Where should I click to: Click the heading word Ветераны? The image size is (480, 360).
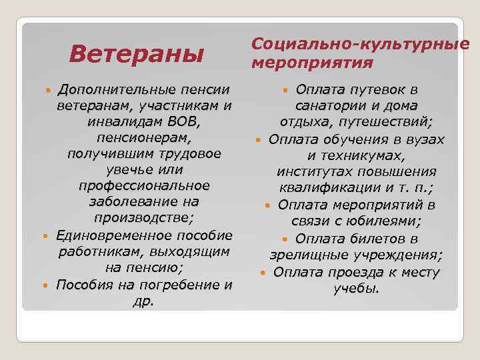(136, 53)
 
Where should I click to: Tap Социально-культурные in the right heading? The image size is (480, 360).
(360, 44)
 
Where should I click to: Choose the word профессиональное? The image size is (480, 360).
(144, 185)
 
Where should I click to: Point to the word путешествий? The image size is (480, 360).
(383, 122)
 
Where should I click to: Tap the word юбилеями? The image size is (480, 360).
(389, 221)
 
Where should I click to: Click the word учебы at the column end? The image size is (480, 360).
(356, 288)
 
